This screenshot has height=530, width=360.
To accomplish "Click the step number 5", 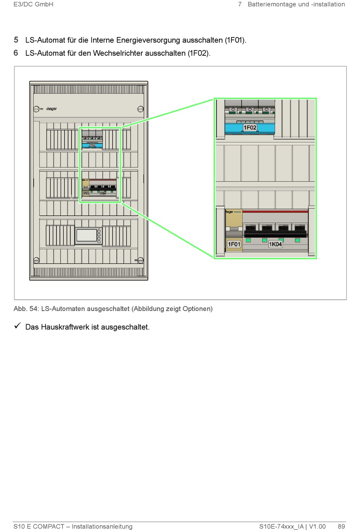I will click(x=16, y=40).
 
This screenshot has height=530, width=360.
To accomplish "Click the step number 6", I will click(x=16, y=53).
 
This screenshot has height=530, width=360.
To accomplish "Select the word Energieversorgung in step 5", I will click(x=148, y=40).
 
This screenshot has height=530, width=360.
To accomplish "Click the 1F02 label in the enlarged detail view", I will click(x=250, y=127).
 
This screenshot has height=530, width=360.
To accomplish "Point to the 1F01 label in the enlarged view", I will click(x=234, y=244).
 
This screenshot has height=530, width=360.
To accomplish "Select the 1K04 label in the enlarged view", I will click(x=275, y=244).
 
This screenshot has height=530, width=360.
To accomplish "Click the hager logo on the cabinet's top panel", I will click(x=52, y=109).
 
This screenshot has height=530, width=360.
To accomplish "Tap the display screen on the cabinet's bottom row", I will click(x=87, y=235).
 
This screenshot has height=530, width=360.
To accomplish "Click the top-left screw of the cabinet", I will click(x=36, y=109).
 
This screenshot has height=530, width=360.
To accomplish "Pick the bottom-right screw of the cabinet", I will click(x=140, y=260).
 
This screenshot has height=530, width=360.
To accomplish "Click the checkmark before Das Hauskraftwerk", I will click(x=17, y=326).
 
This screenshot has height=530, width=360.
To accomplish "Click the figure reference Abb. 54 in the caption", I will click(x=26, y=309).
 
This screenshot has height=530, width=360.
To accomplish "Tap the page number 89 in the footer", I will click(x=341, y=526).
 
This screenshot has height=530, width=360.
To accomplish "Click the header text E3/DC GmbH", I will click(x=33, y=5).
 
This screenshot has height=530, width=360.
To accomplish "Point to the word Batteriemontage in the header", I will click(x=272, y=5).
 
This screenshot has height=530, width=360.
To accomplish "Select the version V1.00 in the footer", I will click(x=317, y=526).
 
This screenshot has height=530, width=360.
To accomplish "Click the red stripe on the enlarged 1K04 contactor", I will click(x=275, y=212).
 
